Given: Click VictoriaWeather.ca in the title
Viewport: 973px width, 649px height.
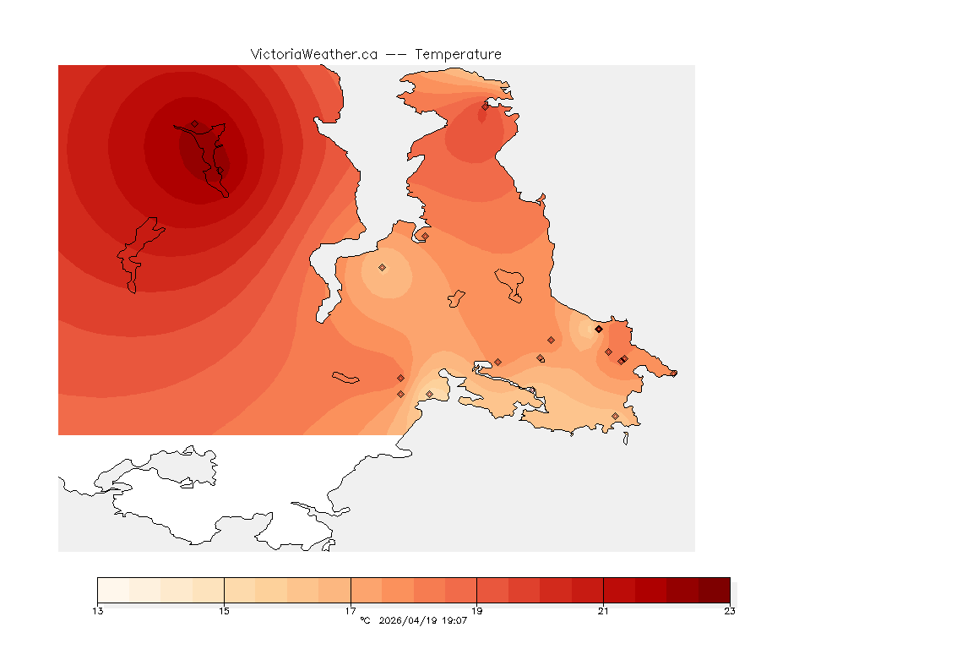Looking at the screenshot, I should tap(313, 54).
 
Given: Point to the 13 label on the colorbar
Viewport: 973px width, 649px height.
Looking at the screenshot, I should tap(98, 611).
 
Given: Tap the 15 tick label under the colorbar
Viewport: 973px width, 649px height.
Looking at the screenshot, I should tap(224, 611).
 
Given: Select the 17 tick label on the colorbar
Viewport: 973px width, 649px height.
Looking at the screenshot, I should tap(351, 611).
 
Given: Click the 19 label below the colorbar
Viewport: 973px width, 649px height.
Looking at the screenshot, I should tap(477, 611).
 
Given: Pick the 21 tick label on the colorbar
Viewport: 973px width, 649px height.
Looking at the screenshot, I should tap(603, 611).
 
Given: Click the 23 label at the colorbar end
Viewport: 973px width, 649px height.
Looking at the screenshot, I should tap(729, 611).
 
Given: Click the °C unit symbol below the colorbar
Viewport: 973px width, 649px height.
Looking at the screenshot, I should tap(365, 621).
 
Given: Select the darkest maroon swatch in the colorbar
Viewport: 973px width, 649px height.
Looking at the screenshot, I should tap(714, 589).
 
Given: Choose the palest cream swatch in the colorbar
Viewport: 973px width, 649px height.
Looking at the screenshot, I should tap(113, 589).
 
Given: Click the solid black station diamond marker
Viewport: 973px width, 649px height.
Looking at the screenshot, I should tap(598, 329).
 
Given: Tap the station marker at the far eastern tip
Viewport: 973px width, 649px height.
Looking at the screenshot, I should tap(673, 373).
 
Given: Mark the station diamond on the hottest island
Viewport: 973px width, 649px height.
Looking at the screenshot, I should tap(194, 124).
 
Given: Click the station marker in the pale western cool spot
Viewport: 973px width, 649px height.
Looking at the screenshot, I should tap(382, 267).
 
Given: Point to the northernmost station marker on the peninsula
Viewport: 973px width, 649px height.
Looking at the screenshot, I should tap(485, 106).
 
